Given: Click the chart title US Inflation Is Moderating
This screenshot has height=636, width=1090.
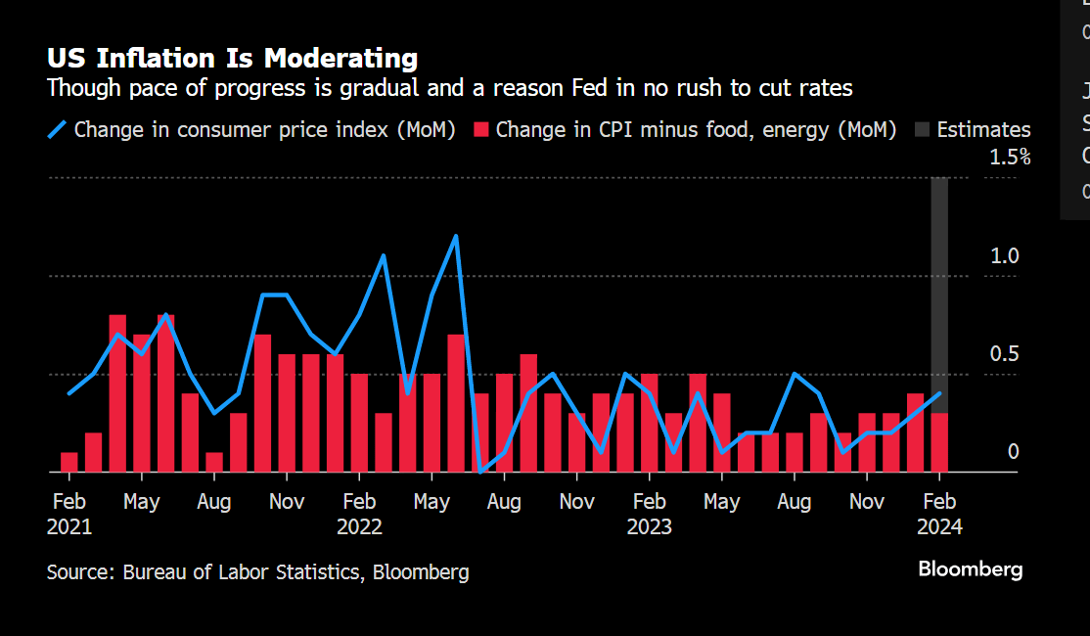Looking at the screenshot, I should [232, 58].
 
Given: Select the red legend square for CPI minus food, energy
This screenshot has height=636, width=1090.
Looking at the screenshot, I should [480, 129].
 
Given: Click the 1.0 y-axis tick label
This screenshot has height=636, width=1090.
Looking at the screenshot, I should [1005, 255].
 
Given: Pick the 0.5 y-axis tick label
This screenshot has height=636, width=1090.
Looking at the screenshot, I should [1005, 354].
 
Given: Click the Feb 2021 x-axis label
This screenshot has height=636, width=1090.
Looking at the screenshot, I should [68, 514].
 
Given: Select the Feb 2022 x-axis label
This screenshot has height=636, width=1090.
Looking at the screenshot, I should [359, 514].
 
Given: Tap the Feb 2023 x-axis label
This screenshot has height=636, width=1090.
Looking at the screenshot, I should [650, 514].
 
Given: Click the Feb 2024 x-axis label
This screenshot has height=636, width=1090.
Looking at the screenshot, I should [939, 514].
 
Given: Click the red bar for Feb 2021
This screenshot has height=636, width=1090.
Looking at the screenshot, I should [69, 462].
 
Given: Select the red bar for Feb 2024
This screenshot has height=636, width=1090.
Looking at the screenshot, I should [939, 442].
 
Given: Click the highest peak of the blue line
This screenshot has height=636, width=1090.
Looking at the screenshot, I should [456, 236].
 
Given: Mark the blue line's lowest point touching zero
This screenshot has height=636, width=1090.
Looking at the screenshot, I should [479, 471].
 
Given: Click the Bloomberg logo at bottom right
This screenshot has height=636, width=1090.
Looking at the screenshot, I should [970, 569].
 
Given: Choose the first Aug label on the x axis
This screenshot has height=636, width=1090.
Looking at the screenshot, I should [213, 502].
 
